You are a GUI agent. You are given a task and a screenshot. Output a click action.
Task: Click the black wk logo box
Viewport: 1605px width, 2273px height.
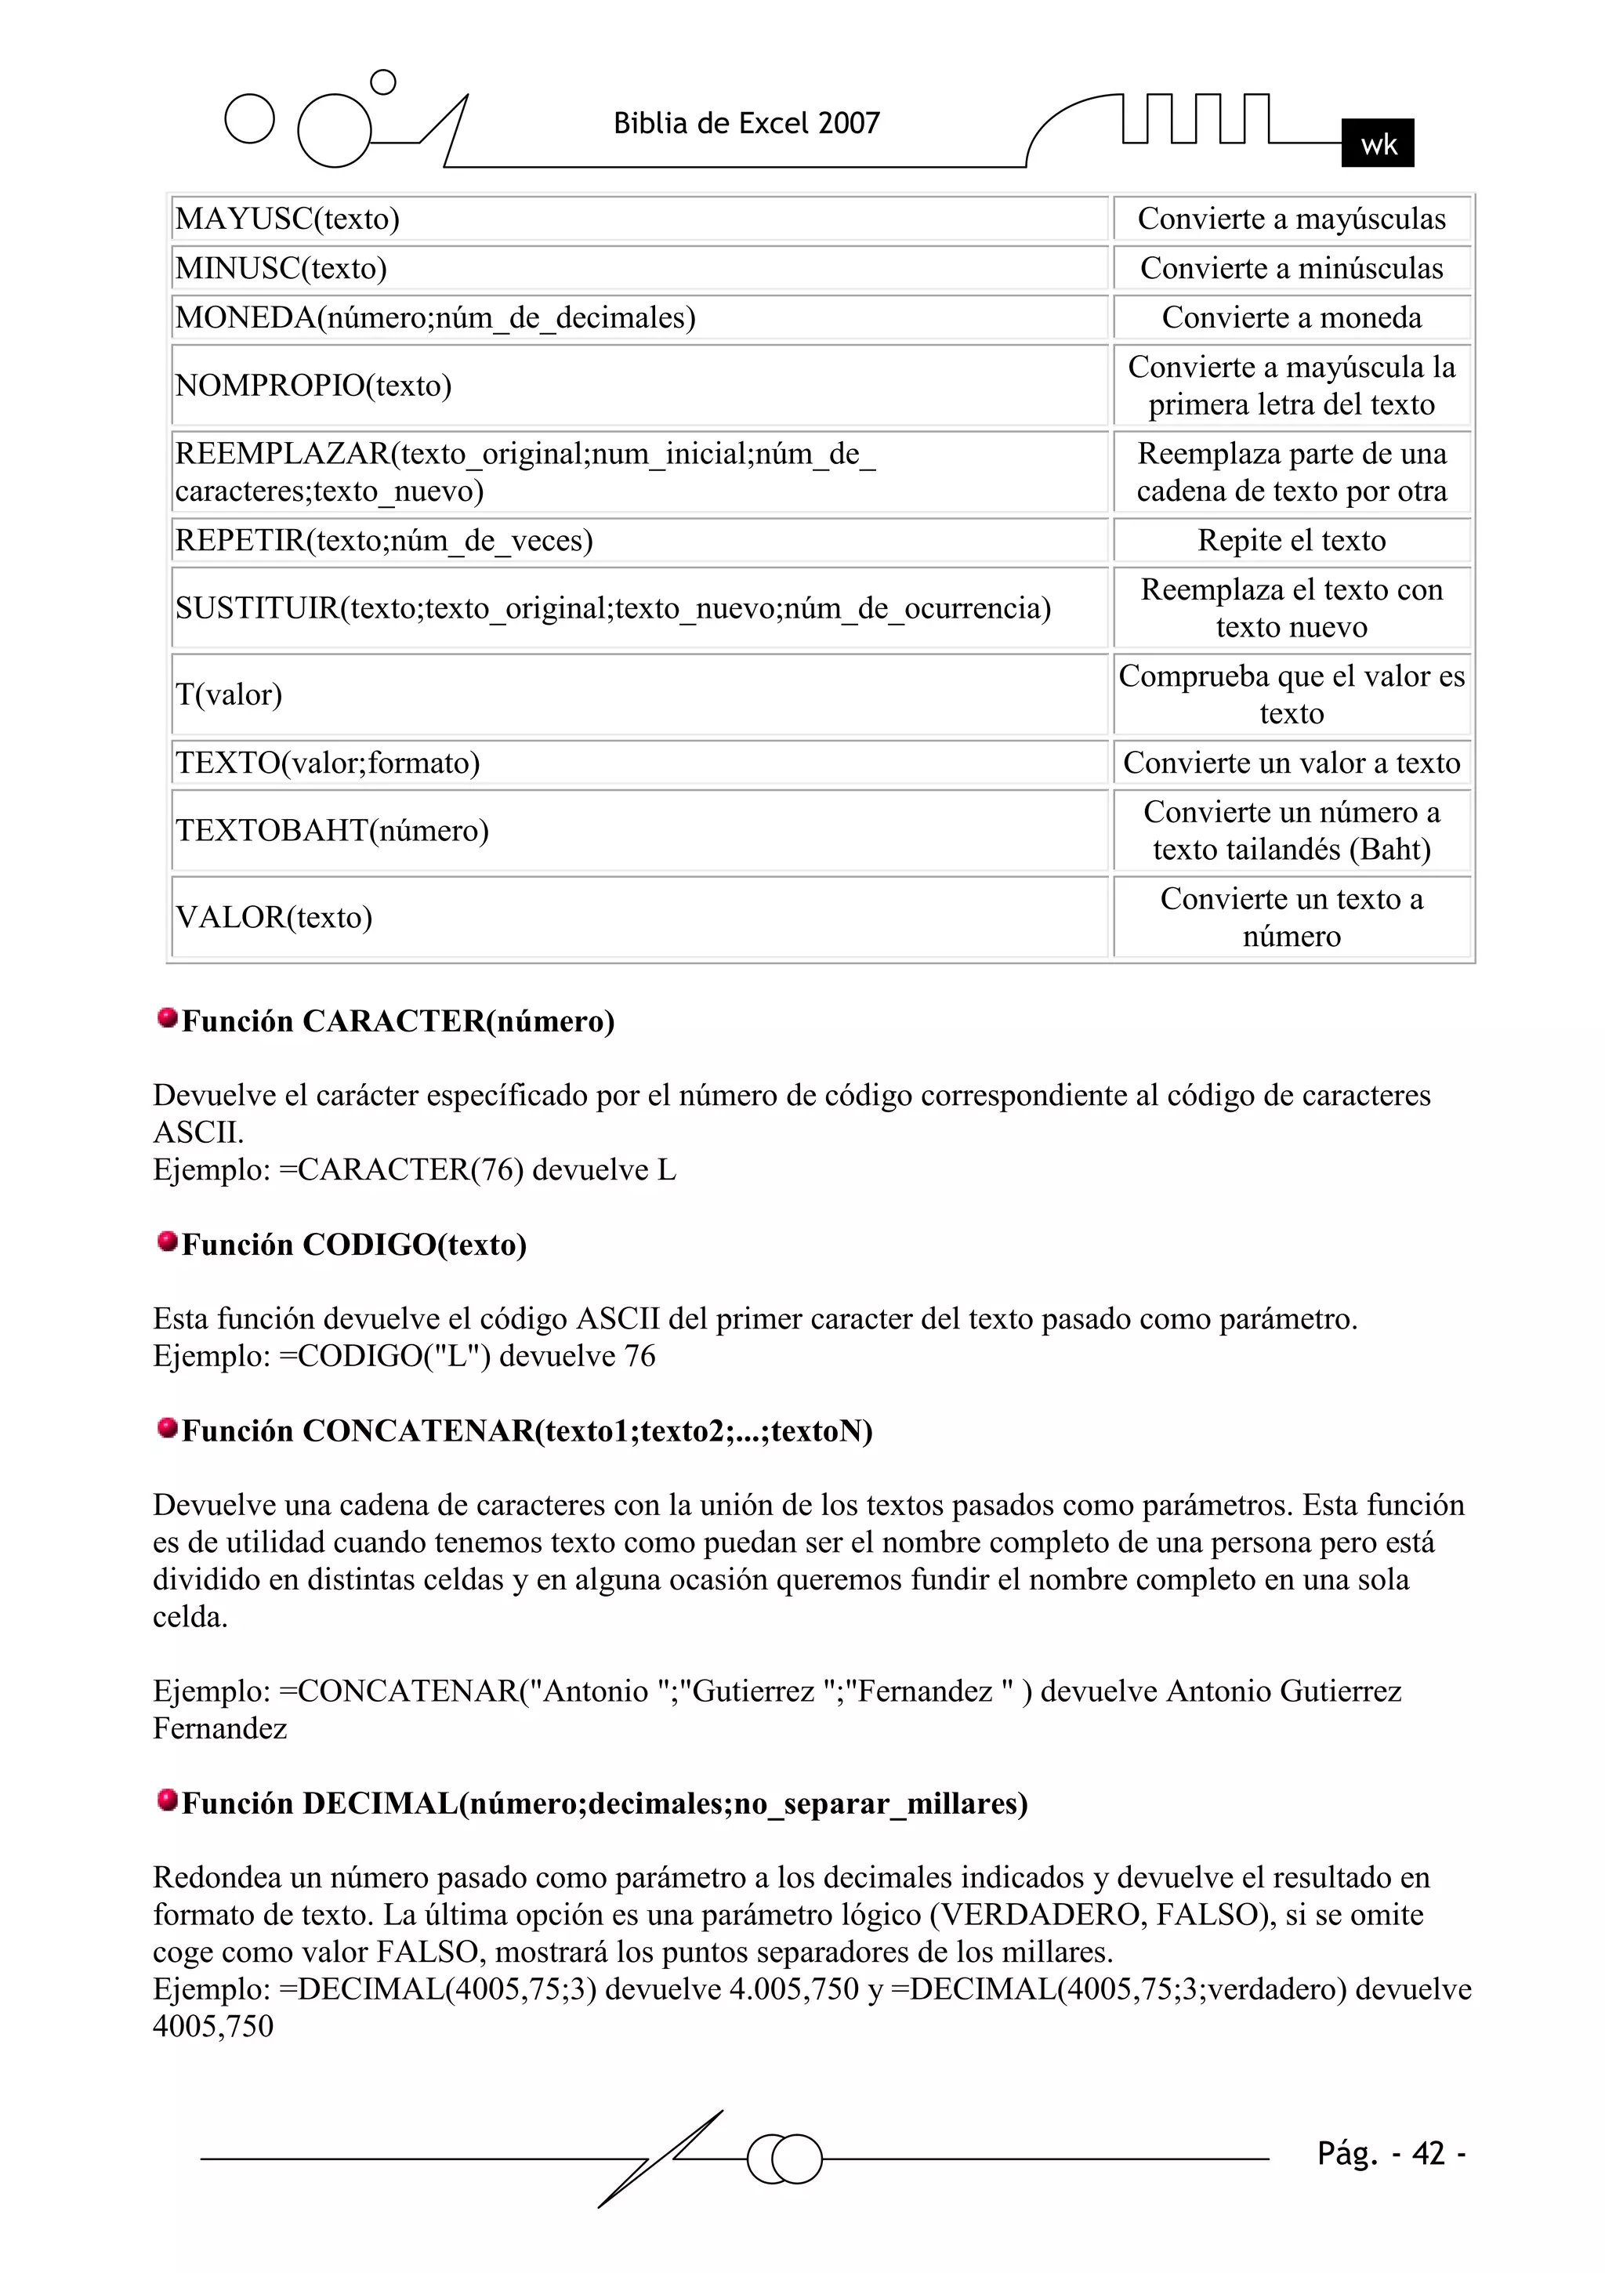(1377, 143)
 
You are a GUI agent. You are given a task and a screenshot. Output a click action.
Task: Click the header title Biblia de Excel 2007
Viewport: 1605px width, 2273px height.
(747, 124)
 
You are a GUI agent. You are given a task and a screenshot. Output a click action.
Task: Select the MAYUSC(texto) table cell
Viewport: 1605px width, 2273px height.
(639, 219)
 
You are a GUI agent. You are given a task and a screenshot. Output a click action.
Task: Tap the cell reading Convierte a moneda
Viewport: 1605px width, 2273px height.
(1291, 317)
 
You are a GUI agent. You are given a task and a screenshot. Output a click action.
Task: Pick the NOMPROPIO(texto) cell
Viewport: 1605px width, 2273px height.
(639, 385)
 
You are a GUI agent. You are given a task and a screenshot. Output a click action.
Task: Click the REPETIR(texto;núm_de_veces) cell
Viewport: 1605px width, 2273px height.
(639, 541)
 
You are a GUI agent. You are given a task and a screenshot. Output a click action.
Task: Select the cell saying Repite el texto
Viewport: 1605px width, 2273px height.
(1291, 541)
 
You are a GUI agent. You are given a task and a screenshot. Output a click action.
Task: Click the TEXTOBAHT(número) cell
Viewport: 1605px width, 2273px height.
(639, 831)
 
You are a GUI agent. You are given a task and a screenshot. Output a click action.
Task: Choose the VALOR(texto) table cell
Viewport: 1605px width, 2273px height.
(639, 917)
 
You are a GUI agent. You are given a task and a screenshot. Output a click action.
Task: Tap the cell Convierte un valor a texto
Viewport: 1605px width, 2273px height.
(1291, 763)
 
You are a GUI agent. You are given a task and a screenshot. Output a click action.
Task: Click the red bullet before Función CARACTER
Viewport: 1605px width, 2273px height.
(168, 1017)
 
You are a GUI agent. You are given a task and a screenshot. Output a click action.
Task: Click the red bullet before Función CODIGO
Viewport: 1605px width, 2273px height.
(168, 1241)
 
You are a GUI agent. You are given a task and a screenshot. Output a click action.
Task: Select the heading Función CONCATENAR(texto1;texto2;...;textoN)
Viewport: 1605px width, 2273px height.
(527, 1430)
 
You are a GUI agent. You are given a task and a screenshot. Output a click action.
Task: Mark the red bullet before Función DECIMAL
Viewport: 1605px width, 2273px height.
(168, 1799)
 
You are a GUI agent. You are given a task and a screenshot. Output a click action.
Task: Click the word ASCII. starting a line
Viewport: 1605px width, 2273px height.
(198, 1133)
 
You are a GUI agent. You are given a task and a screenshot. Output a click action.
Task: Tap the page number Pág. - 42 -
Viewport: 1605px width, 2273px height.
(1390, 2153)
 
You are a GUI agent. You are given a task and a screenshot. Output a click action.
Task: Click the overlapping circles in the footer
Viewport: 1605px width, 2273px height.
(784, 2159)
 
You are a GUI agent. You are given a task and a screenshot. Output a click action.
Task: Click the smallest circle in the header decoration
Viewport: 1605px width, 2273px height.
(382, 82)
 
